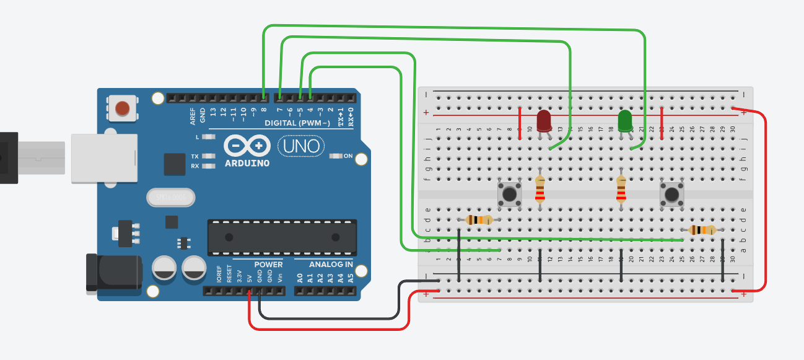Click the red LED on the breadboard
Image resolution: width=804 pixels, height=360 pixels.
(544, 120)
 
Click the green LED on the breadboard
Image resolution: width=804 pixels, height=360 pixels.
(625, 120)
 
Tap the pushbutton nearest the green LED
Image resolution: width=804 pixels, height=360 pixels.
(671, 194)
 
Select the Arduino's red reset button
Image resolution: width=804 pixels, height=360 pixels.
(123, 108)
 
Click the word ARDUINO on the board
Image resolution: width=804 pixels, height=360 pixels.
(247, 164)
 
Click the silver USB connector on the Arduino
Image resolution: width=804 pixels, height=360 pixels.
(103, 158)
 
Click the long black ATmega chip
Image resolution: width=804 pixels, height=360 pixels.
(282, 237)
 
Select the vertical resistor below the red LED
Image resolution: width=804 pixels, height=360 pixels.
(540, 190)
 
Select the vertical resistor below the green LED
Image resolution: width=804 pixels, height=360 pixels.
(621, 190)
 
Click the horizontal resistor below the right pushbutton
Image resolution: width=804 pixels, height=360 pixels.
(702, 230)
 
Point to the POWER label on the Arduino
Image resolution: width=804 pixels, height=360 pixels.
(268, 265)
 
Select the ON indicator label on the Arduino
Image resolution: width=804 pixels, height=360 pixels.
(347, 156)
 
